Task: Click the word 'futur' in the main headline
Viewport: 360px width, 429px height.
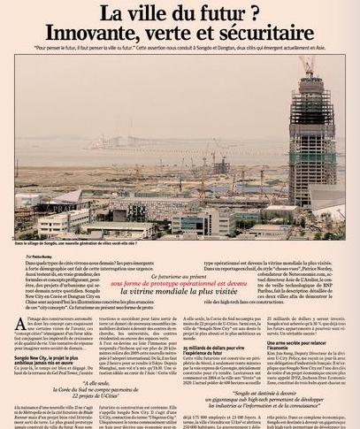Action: coord(209,12)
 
